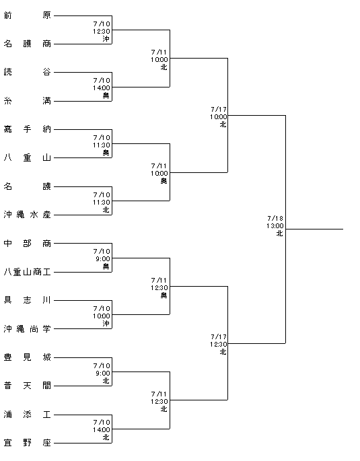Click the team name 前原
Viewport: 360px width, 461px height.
[x=28, y=15]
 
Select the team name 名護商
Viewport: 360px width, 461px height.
[x=28, y=44]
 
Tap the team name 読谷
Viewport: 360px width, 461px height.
[x=28, y=72]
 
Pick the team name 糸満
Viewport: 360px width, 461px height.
[x=28, y=101]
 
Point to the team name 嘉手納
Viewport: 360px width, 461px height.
[x=28, y=129]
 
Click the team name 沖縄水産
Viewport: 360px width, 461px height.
[x=28, y=215]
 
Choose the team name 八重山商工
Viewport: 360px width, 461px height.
[x=28, y=272]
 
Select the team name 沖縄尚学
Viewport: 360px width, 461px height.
[x=28, y=328]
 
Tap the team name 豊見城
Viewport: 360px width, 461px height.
[x=28, y=357]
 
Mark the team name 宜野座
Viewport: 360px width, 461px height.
[x=28, y=443]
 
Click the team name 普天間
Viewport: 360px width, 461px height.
[x=28, y=386]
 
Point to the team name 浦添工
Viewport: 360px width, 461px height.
[x=28, y=415]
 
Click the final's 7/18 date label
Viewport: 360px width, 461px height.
[x=275, y=219]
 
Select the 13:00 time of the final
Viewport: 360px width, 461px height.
[x=275, y=226]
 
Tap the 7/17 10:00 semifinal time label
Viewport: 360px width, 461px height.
[x=218, y=116]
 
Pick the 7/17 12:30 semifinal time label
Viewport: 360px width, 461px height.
[x=218, y=345]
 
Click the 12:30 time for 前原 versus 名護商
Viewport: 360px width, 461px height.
[x=102, y=31]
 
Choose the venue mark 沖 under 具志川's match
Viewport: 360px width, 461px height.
[x=106, y=324]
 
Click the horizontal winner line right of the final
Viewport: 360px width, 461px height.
[x=314, y=229]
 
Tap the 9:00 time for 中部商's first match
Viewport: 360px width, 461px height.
[x=103, y=258]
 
